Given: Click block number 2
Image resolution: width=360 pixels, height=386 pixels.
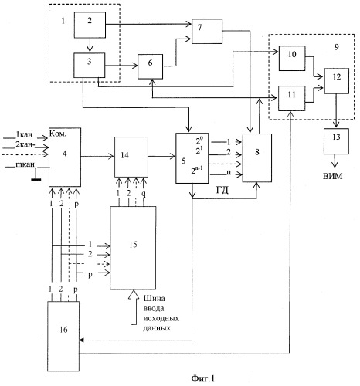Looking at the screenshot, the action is (90, 25).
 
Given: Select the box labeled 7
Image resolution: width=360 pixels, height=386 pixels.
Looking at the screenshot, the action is (207, 31).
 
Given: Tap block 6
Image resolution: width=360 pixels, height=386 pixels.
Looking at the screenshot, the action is (150, 66).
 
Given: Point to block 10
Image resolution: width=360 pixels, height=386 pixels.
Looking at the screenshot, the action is (292, 58).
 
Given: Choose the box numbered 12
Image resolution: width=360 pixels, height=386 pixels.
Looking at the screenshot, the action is (337, 81).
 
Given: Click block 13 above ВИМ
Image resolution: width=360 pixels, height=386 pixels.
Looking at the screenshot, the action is (336, 141).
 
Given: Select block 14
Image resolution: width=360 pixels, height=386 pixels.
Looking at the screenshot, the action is (131, 157).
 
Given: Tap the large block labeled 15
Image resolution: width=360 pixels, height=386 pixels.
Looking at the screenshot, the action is (133, 248).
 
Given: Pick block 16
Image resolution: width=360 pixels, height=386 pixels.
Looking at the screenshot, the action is (63, 336).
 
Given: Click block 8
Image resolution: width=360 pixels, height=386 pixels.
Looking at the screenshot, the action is (257, 157).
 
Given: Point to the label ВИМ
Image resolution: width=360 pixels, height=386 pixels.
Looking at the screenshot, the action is (333, 176).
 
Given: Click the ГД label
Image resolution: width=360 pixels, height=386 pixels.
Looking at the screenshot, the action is (222, 191).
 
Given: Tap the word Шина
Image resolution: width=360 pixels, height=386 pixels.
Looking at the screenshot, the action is (155, 298).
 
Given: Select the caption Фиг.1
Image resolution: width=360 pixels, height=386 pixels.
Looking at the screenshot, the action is (203, 378).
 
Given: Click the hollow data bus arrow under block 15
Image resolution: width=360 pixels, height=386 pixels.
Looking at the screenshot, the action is (134, 307).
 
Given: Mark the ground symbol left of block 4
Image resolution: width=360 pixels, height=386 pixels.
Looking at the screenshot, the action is (36, 175).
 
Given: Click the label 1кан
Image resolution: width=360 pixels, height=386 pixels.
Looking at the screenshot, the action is (24, 134).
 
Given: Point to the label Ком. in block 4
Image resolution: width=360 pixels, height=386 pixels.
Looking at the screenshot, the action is (58, 134).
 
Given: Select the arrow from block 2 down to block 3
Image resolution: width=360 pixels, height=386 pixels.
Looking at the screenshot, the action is (90, 46).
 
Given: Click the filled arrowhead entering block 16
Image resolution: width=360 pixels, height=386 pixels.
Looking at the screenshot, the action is (81, 340).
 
